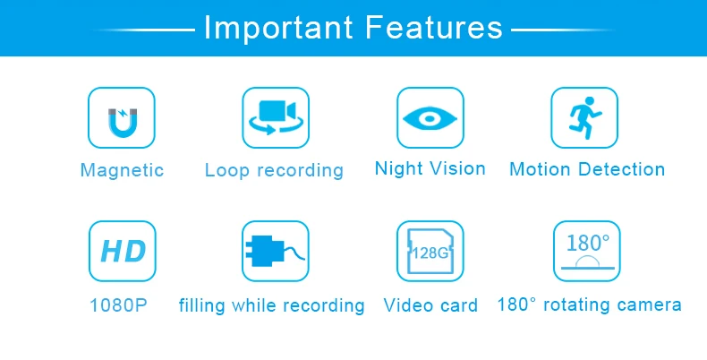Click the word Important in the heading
[278, 28]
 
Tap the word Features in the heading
[434, 28]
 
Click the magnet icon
[122, 123]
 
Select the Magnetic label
[122, 170]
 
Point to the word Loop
[226, 170]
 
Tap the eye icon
[430, 118]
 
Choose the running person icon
[584, 117]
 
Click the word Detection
[621, 169]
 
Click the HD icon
[124, 252]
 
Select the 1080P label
[119, 305]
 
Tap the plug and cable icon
[275, 251]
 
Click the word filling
[201, 305]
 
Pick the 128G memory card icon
[430, 251]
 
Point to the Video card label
[430, 305]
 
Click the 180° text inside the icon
[587, 243]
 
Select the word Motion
[541, 169]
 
